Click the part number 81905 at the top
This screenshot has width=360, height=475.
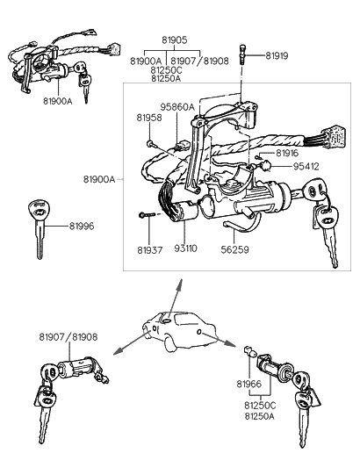[175, 40]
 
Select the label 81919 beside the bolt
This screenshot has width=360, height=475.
[277, 55]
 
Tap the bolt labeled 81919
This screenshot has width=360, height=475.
[241, 54]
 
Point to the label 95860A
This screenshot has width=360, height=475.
[177, 107]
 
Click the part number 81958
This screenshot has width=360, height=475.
[149, 118]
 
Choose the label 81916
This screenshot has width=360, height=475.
[287, 154]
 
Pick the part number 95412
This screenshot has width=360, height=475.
[306, 166]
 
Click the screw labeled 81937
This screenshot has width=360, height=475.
[147, 215]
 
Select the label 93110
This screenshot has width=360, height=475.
[186, 248]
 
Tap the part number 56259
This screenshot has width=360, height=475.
[234, 249]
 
